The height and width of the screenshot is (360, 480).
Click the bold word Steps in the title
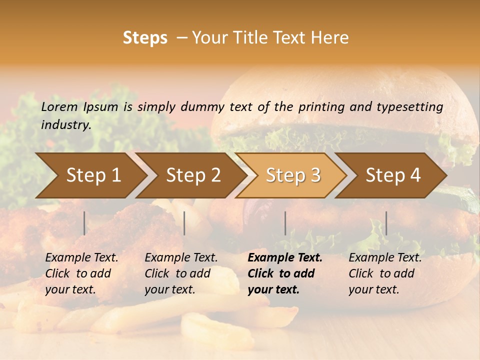(x=145, y=38)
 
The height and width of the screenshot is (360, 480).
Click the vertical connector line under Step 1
(x=84, y=223)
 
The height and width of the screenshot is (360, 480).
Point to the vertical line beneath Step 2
(x=184, y=223)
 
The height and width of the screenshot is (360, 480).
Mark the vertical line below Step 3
(x=285, y=223)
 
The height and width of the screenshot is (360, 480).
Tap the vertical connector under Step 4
(x=386, y=223)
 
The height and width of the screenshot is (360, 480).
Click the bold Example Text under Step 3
(x=285, y=273)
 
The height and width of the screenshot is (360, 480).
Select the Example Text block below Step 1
(x=81, y=273)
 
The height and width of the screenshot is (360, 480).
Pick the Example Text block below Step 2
(x=181, y=273)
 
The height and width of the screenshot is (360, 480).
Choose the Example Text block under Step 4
(x=385, y=273)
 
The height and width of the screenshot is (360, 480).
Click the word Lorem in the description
(x=59, y=106)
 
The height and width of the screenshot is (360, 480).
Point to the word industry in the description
(x=66, y=124)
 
